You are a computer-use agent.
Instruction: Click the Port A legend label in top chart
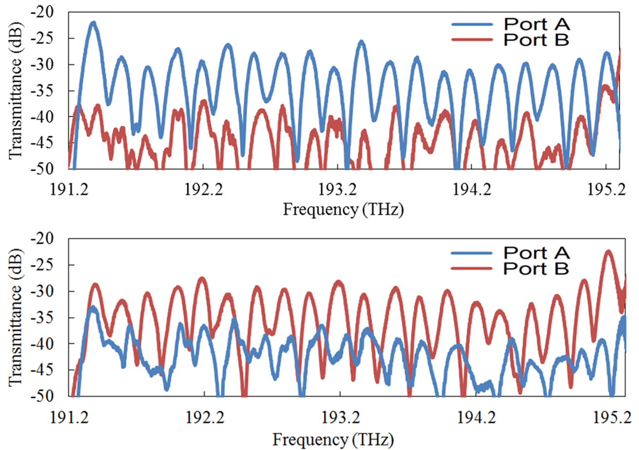pos(536,24)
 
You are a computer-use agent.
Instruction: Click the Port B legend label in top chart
pos(536,39)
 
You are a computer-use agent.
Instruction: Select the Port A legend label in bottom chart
pos(536,252)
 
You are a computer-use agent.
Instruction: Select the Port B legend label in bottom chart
pos(536,268)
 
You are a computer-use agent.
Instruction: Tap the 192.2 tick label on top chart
pos(204,190)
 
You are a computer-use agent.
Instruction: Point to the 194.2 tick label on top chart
pos(472,190)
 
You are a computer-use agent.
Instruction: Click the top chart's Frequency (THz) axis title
pos(343,210)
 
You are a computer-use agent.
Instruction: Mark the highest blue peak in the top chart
pos(93,23)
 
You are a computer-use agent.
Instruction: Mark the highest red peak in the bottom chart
pos(608,252)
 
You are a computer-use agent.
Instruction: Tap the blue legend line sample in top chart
pos(473,24)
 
